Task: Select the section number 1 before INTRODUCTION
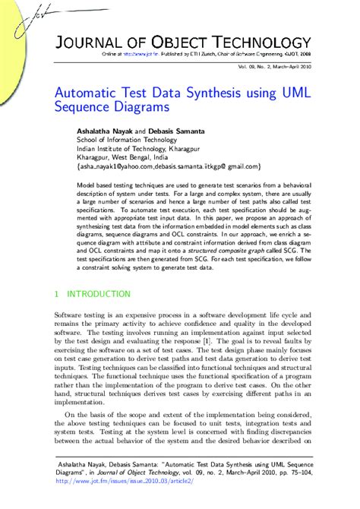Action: click(x=57, y=294)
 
